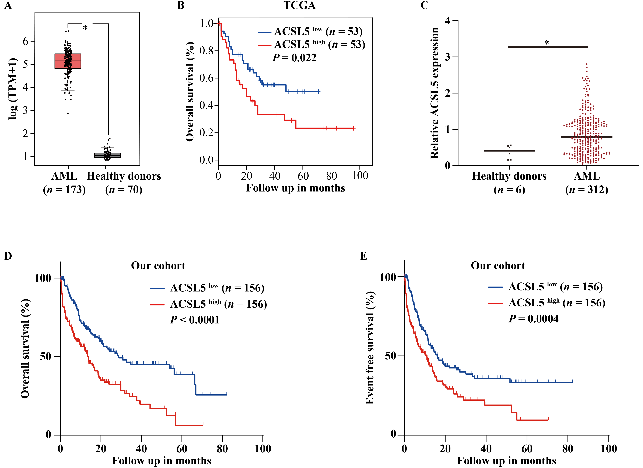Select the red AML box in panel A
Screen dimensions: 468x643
coord(68,61)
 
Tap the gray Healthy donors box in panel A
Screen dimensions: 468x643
coord(108,155)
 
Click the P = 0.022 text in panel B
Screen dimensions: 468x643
coord(294,58)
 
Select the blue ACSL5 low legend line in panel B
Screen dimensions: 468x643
coord(265,33)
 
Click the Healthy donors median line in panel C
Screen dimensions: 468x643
coord(509,151)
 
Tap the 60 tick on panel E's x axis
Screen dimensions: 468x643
coord(527,449)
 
